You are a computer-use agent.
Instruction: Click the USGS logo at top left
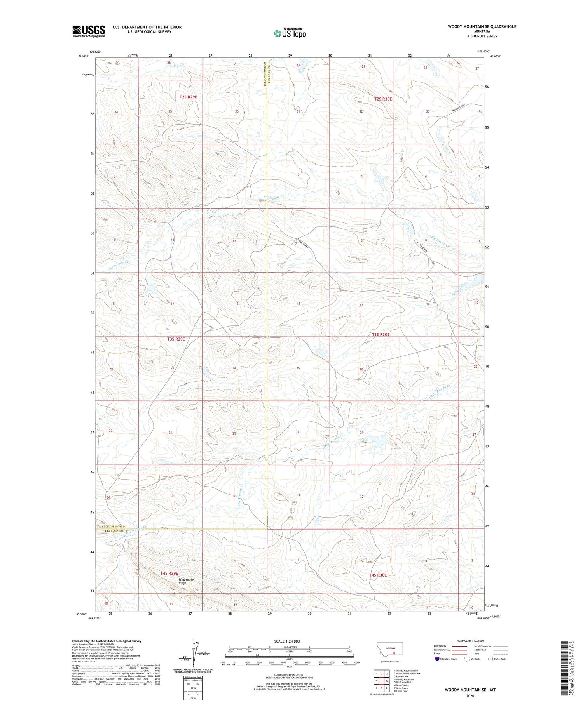89,31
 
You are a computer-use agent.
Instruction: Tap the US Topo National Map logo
290,33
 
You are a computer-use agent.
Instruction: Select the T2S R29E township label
189,97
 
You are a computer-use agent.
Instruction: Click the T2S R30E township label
383,99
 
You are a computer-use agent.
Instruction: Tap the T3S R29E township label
176,339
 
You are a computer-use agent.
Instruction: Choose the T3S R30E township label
380,334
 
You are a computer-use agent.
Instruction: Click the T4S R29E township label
169,573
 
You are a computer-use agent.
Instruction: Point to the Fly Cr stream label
178,65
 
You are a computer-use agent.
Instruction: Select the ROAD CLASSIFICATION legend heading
470,641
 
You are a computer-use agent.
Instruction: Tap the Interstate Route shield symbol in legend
437,659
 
